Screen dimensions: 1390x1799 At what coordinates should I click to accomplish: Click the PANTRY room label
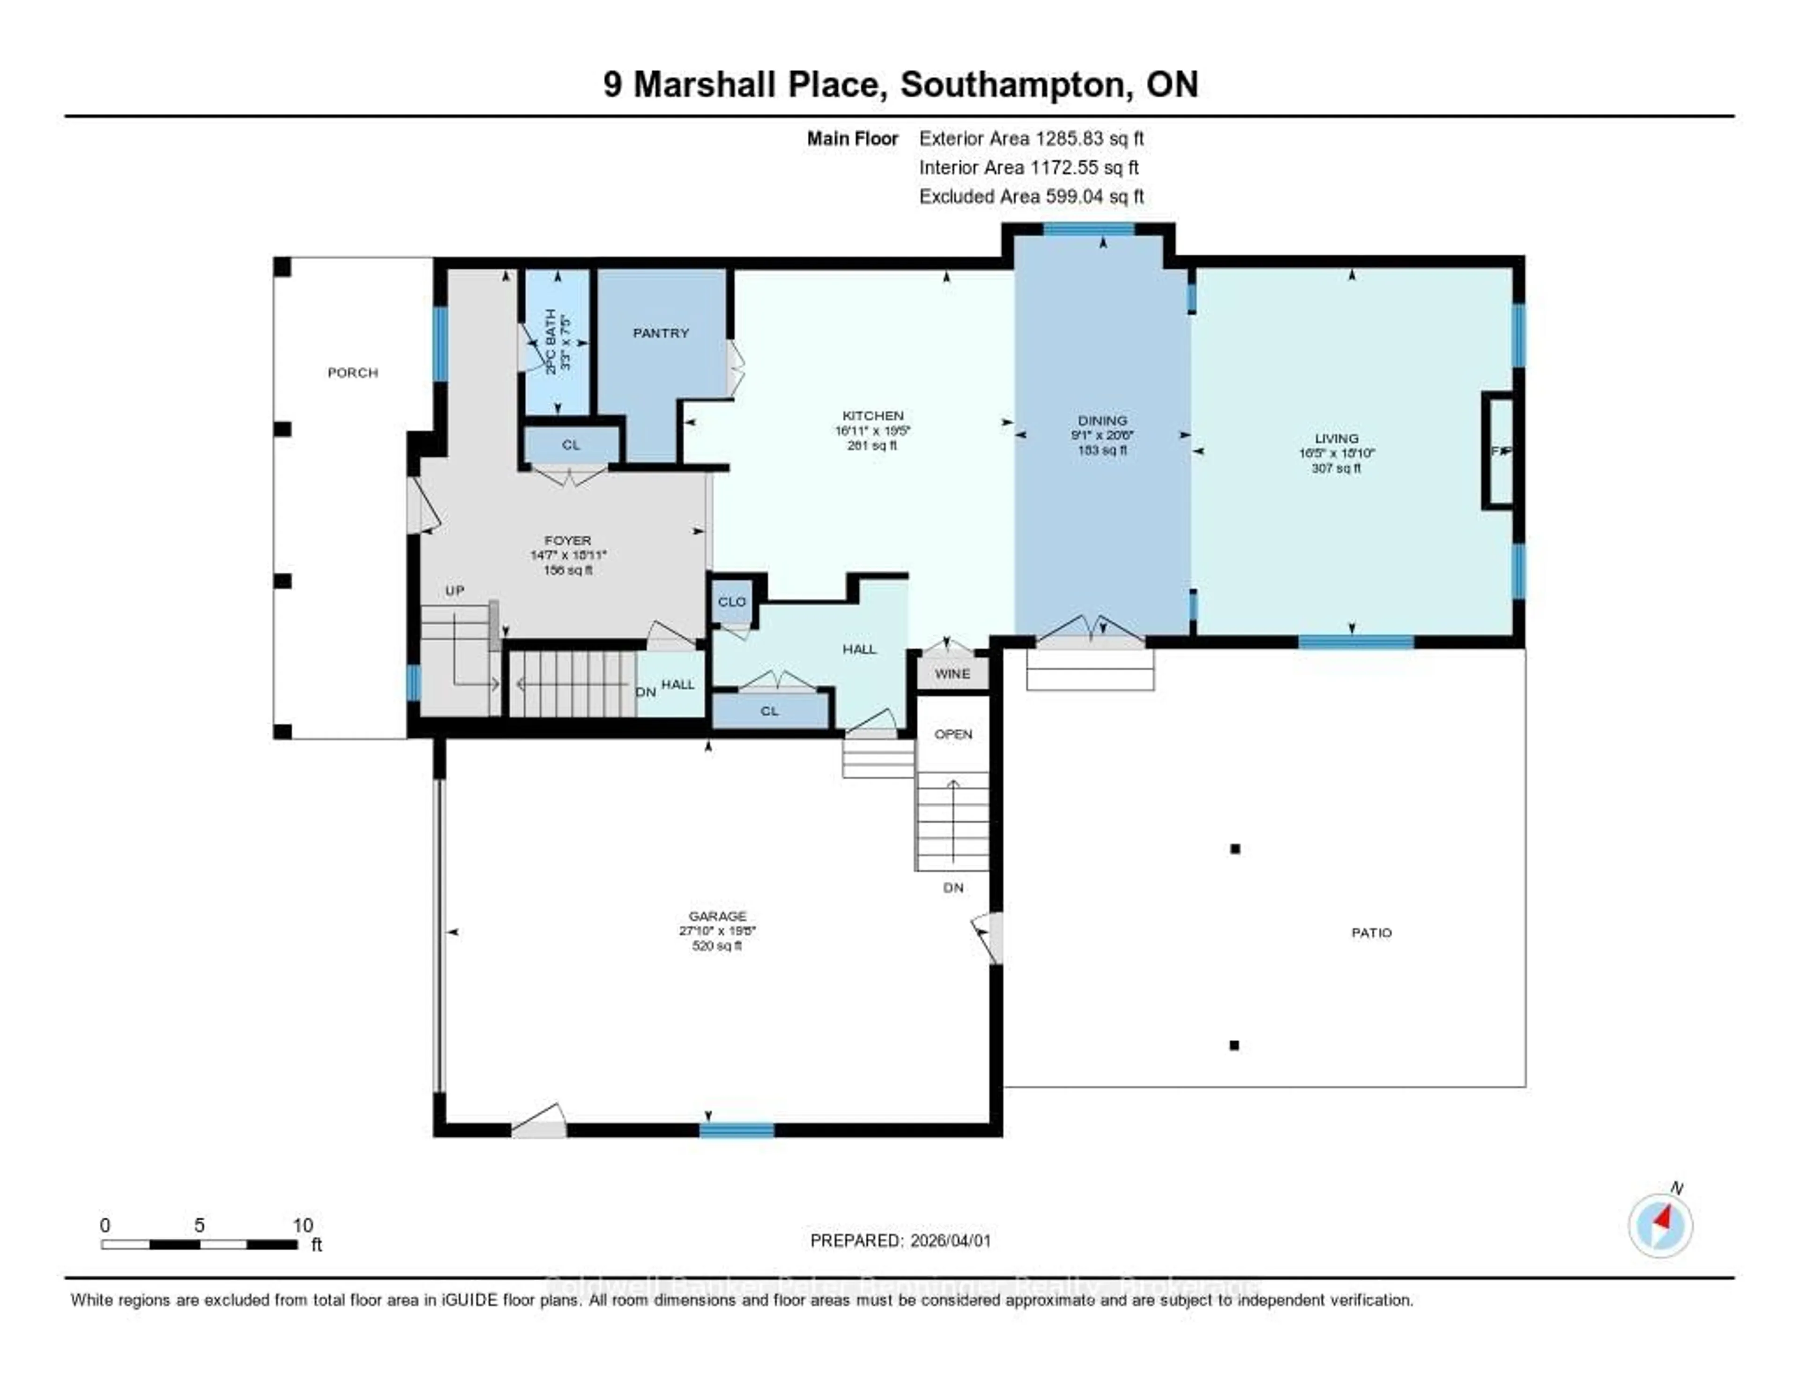(x=661, y=333)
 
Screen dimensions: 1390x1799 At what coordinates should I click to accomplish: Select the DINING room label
(x=1102, y=420)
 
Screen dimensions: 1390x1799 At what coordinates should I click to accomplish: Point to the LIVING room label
(x=1336, y=438)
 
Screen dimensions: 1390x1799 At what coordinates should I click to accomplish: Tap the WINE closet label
(x=952, y=673)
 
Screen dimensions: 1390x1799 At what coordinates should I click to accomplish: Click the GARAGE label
(x=717, y=915)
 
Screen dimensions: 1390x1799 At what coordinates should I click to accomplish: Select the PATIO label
(x=1371, y=933)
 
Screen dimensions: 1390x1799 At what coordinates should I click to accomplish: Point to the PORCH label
(x=353, y=373)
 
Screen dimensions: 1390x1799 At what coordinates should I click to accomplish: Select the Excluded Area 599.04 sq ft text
(x=1031, y=196)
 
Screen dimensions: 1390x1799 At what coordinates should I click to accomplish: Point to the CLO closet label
(x=731, y=601)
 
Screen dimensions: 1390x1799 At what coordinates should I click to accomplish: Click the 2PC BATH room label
(x=551, y=341)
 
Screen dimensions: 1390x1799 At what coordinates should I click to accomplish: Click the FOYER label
(x=567, y=540)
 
